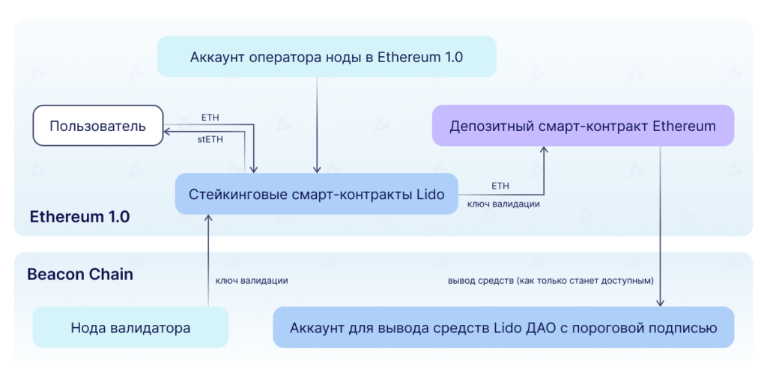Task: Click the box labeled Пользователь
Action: [x=97, y=125]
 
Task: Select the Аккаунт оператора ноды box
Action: [x=327, y=56]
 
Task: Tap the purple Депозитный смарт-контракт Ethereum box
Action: [x=583, y=125]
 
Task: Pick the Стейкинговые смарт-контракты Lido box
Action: [x=316, y=195]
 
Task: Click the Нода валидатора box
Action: [x=130, y=327]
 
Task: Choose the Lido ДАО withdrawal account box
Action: [x=503, y=327]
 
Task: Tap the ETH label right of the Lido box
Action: [x=500, y=185]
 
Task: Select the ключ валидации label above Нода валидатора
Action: [x=252, y=280]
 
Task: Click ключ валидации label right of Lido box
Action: [x=504, y=204]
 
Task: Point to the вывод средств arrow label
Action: [x=551, y=280]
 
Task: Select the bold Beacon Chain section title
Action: [x=80, y=274]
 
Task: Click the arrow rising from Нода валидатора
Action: [x=208, y=262]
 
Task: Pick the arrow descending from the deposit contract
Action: [x=660, y=225]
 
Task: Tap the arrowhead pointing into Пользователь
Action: [x=169, y=132]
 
